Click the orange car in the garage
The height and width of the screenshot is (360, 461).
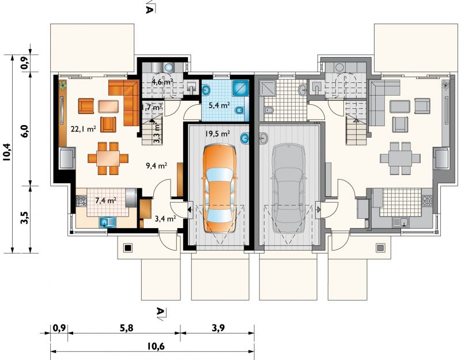219,190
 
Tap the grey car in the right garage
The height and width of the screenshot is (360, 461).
289,188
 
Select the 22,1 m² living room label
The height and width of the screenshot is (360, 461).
84,128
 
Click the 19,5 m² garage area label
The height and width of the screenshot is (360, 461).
217,134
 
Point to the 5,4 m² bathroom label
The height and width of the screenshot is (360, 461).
219,105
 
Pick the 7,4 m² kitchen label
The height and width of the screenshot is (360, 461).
105,200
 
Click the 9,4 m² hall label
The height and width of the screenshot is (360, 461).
156,166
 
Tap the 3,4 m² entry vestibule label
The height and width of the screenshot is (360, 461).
165,218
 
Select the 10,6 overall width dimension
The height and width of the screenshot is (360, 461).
156,346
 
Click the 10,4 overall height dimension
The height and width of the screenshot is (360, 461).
7,152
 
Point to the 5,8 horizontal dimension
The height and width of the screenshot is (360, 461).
126,328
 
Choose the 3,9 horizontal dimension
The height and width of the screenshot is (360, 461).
218,328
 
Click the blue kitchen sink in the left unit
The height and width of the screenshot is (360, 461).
108,222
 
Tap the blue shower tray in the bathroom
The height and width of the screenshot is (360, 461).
240,88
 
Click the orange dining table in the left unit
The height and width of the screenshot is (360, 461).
108,158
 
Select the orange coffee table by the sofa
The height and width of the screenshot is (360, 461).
108,107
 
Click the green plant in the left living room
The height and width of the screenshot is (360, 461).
63,85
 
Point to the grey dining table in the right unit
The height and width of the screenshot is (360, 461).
400,159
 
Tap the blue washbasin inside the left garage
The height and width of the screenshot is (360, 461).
245,138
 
